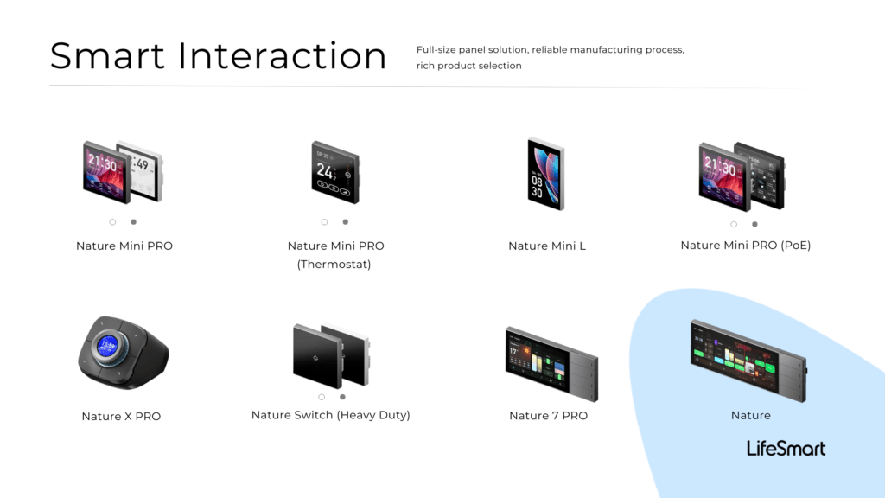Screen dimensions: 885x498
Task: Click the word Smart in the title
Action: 107,55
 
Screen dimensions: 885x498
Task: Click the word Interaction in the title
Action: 283,55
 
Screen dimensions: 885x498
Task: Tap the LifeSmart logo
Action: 786,449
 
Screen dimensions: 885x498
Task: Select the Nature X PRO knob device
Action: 123,353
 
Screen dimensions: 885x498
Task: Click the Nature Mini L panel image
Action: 546,174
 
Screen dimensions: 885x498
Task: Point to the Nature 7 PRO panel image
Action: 551,364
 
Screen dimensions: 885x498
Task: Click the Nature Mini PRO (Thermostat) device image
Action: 335,172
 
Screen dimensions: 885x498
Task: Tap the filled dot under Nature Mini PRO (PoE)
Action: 754,224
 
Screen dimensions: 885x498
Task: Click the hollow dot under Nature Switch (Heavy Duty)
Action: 322,397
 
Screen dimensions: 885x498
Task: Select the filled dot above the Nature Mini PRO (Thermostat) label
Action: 346,222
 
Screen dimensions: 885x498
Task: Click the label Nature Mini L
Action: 547,246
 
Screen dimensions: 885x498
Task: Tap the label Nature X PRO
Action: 121,416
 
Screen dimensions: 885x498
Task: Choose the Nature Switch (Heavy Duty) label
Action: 331,415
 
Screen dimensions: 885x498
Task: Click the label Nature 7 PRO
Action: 549,416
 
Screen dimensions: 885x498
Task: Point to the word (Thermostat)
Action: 334,265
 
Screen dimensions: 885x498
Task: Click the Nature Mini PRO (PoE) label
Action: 746,245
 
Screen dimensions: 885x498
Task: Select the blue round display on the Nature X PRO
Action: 107,346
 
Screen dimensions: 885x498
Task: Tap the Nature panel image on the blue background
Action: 748,361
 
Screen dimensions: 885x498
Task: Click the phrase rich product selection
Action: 469,66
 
